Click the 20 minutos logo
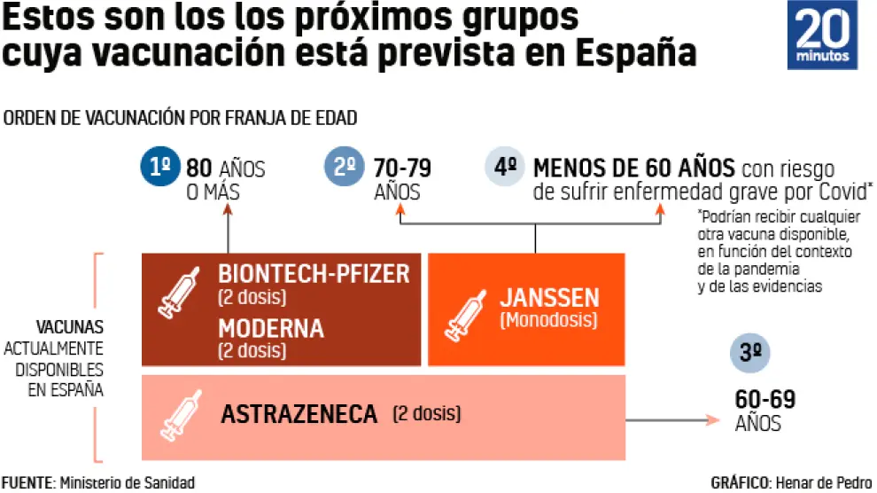(x=823, y=35)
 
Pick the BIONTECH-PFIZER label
(x=314, y=274)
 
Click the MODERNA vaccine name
(x=271, y=329)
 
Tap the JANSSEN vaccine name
(x=549, y=297)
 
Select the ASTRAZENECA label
(x=299, y=413)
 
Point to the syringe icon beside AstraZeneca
(x=181, y=414)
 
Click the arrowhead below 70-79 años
(x=400, y=212)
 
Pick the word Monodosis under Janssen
(x=548, y=320)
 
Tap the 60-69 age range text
(x=765, y=400)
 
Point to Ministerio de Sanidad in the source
(x=127, y=482)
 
